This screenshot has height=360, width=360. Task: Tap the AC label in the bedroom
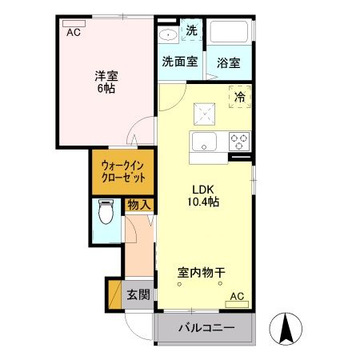(73, 33)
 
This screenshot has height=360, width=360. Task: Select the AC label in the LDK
(238, 298)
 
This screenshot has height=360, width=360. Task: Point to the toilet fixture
(104, 214)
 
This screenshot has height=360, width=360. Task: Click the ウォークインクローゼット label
(123, 171)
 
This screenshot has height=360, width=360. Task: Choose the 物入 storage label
(138, 206)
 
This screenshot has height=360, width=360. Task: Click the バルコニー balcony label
(206, 328)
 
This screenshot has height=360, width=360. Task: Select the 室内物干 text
(201, 273)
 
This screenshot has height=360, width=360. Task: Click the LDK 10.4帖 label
(204, 196)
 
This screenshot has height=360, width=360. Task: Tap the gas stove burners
(238, 142)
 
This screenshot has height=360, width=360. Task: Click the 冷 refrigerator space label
(238, 97)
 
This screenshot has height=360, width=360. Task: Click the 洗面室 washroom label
(179, 61)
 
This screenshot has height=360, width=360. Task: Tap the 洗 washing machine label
(191, 30)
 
